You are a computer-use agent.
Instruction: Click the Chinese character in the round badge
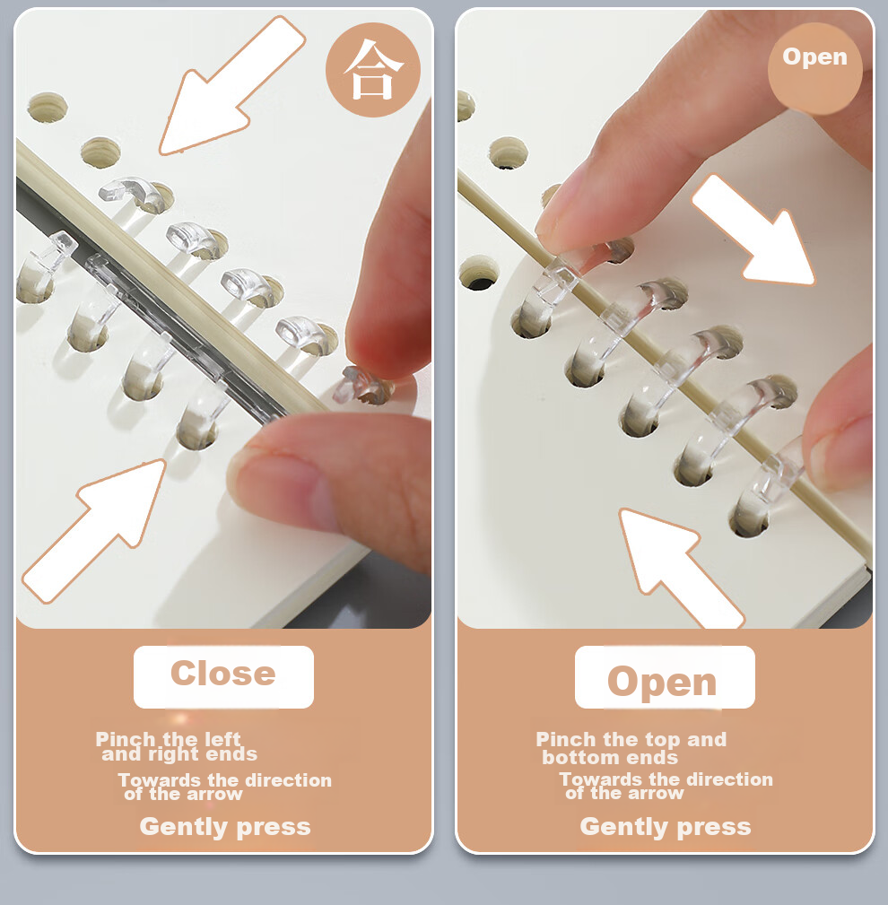pos(373,70)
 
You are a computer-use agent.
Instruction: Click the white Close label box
pos(223,676)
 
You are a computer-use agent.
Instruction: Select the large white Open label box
pos(665,676)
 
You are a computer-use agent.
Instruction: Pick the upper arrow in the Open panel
pos(753,230)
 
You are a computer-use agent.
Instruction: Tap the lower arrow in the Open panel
pos(682,569)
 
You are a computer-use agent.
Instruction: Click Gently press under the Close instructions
pos(225,826)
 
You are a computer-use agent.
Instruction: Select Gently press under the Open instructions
pos(666,826)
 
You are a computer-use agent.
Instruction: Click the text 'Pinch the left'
pos(168,739)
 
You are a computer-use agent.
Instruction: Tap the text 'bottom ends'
pos(610,757)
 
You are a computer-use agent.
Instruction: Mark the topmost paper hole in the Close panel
pos(48,108)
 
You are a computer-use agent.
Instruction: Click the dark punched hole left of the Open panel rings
pos(479,276)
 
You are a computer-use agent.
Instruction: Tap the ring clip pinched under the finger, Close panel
pos(365,385)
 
